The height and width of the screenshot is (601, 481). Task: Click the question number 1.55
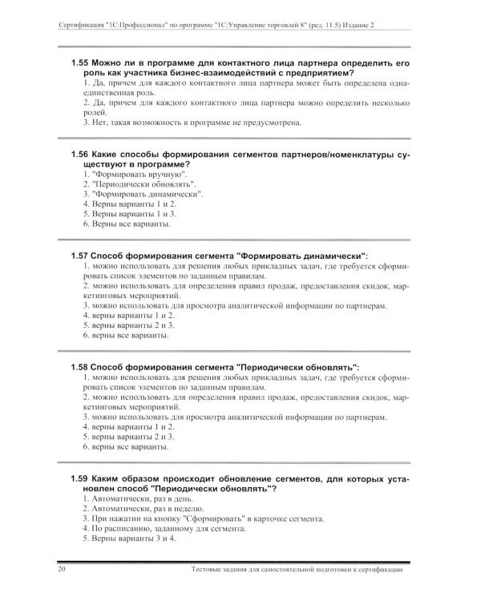pyautogui.click(x=79, y=63)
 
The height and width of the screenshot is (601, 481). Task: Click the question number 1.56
pyautogui.click(x=79, y=152)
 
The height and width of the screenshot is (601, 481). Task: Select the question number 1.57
pyautogui.click(x=79, y=255)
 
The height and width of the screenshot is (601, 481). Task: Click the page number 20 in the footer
pyautogui.click(x=62, y=571)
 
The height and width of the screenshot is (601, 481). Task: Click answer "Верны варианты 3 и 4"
pyautogui.click(x=129, y=539)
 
